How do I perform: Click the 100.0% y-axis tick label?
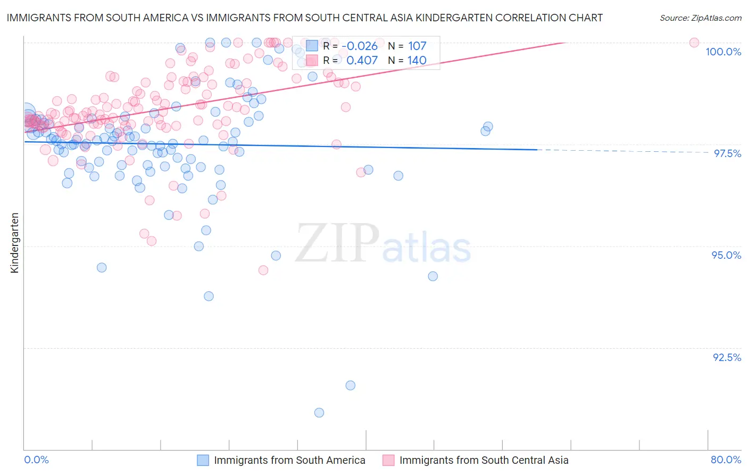(x=723, y=52)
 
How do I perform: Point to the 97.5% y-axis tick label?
(x=727, y=153)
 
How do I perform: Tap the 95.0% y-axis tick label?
(x=726, y=255)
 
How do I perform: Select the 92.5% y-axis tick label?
(x=727, y=357)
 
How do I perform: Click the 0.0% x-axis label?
(x=36, y=460)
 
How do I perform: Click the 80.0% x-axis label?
(x=726, y=460)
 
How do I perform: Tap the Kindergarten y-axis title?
(x=14, y=243)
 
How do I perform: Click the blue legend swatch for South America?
(x=203, y=460)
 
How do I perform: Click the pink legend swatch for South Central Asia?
(x=388, y=460)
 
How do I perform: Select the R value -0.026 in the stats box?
(x=360, y=46)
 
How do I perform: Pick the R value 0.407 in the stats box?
(x=362, y=60)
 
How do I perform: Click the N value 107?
(x=417, y=46)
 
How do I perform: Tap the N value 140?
(x=417, y=60)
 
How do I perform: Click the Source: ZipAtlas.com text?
(x=700, y=18)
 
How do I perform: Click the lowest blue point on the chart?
(x=319, y=413)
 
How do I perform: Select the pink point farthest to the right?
(x=694, y=43)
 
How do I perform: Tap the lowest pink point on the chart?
(x=263, y=270)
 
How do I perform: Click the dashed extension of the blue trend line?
(x=622, y=151)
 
